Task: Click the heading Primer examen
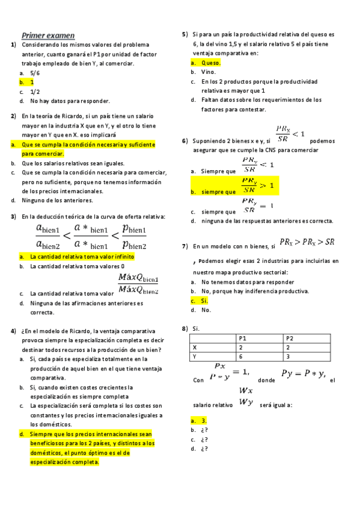(48, 35)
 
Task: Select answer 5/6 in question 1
(35, 72)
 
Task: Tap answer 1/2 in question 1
(35, 91)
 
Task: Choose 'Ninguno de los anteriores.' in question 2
(57, 200)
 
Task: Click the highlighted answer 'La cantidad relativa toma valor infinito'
(82, 256)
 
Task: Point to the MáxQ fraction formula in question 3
(139, 283)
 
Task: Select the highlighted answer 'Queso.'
(211, 63)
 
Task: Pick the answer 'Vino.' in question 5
(209, 72)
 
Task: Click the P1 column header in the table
(243, 339)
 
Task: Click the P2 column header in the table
(290, 339)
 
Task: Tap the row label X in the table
(194, 348)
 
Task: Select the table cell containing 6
(241, 357)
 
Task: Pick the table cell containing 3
(287, 357)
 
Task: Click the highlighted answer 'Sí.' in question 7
(204, 301)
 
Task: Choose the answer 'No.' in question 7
(206, 310)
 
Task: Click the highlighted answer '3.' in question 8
(204, 421)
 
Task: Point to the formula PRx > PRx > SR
(307, 242)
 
